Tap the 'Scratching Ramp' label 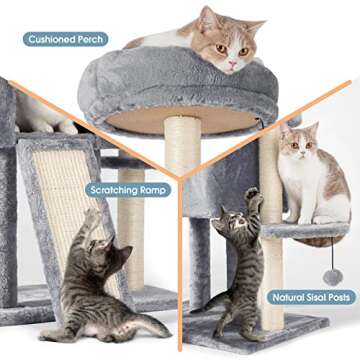coord(129,189)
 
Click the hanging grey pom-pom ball coord(332,275)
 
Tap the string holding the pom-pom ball coord(331,255)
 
